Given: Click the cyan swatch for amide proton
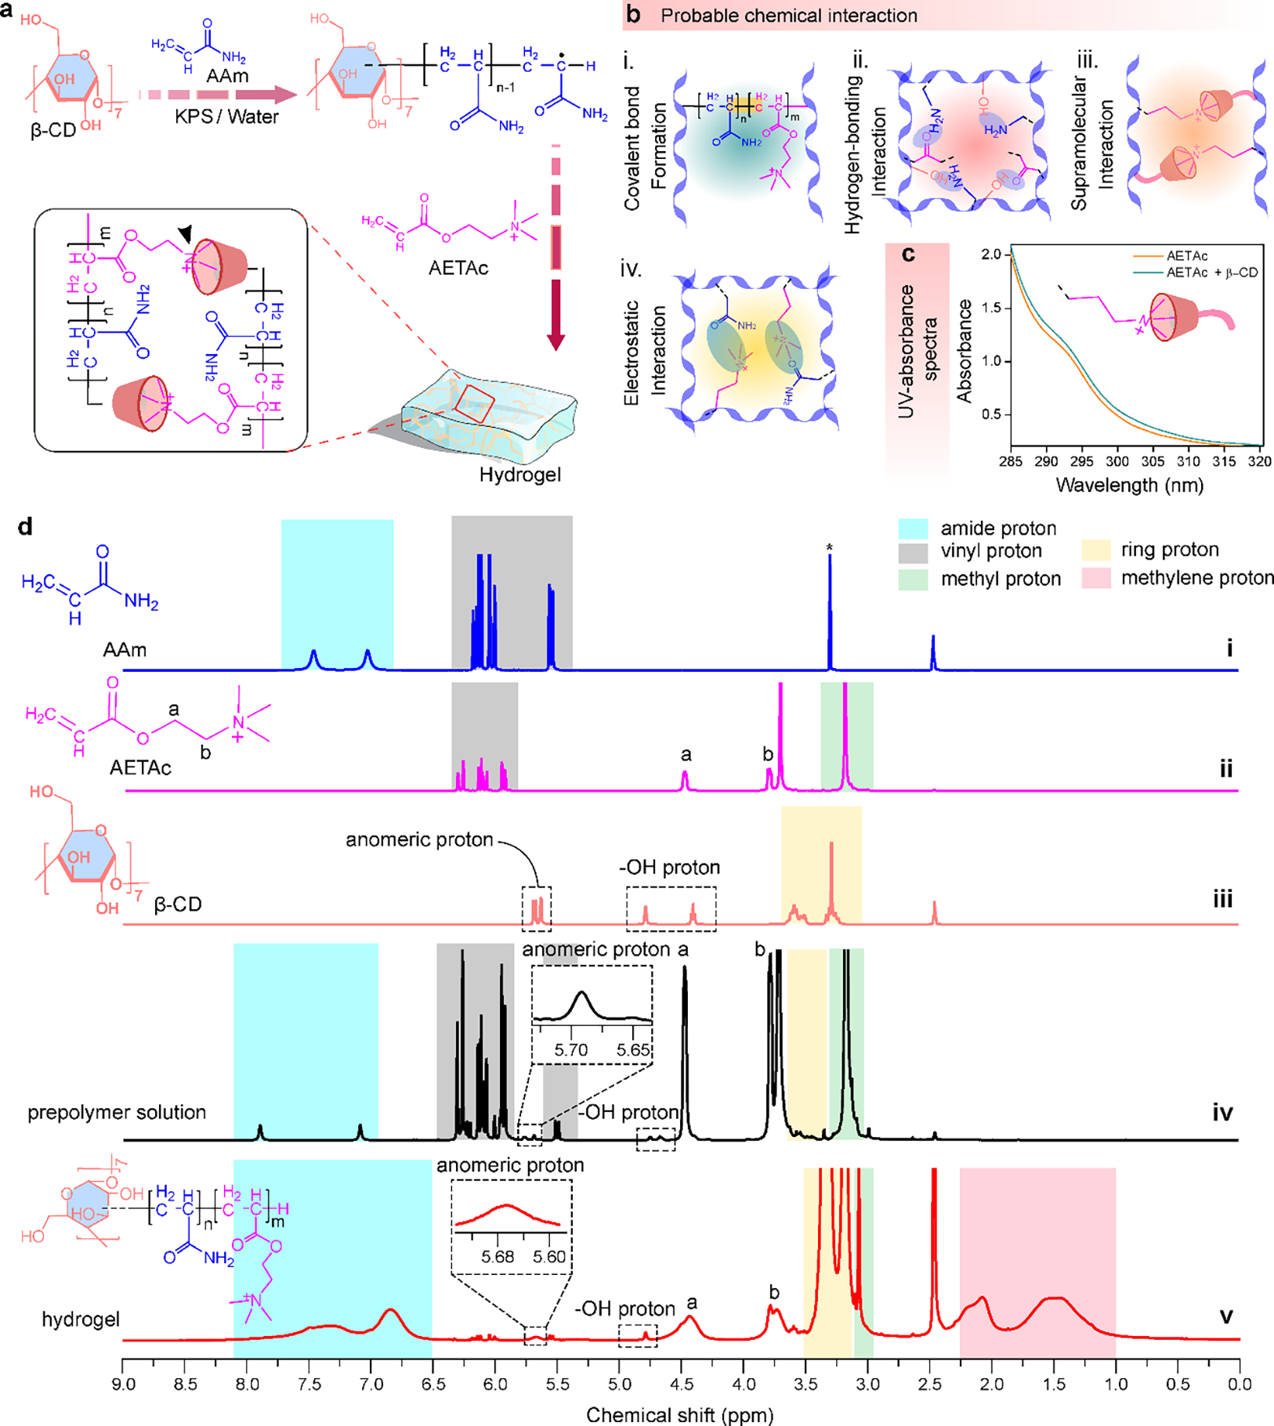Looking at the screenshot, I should coord(913,529).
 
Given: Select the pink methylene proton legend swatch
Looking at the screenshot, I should coord(1095,578).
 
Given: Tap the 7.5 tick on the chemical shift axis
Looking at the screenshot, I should coord(309,1384).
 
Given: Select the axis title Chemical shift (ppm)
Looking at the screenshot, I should coord(679,1415).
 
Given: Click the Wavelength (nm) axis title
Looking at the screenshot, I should coord(1129,485).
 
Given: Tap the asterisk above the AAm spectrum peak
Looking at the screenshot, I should coord(830,548).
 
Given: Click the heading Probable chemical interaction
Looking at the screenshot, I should coord(788,16).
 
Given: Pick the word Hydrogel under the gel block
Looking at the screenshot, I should coord(520,475).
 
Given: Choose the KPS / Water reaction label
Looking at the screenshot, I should coord(227,117).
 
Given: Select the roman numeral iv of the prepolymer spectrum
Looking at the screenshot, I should coord(1222,1113).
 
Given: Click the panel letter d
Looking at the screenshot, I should coord(25,527).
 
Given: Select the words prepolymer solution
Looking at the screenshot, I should coord(117,1113).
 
